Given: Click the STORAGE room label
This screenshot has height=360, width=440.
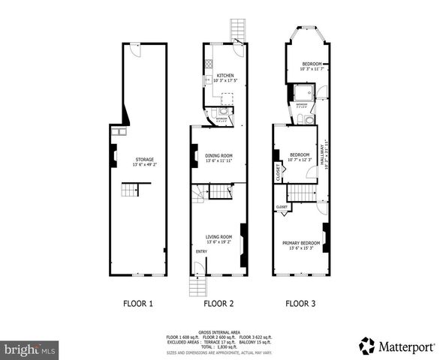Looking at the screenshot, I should (x=144, y=159).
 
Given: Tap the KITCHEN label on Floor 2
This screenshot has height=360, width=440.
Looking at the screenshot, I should (x=225, y=76).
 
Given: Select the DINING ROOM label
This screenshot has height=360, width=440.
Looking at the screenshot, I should (x=219, y=155).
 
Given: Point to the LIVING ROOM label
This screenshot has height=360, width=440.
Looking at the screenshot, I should (x=219, y=237).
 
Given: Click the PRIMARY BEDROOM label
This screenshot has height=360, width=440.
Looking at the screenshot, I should (x=301, y=243).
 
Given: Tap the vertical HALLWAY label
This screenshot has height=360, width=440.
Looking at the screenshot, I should (x=325, y=157).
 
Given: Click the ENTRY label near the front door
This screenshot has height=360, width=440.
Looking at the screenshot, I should (x=201, y=251).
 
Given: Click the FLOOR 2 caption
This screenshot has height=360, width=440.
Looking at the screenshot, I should (x=219, y=304).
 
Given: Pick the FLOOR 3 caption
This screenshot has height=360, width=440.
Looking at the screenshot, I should (x=300, y=304).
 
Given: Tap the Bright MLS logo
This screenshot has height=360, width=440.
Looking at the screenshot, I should (x=31, y=349).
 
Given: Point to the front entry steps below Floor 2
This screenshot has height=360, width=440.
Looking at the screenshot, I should (x=197, y=286).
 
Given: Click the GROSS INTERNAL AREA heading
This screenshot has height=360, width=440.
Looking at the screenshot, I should (x=220, y=331).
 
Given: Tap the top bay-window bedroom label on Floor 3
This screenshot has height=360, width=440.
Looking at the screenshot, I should (x=312, y=64).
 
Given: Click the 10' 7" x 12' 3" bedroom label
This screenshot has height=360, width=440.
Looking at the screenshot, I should (x=300, y=156).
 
